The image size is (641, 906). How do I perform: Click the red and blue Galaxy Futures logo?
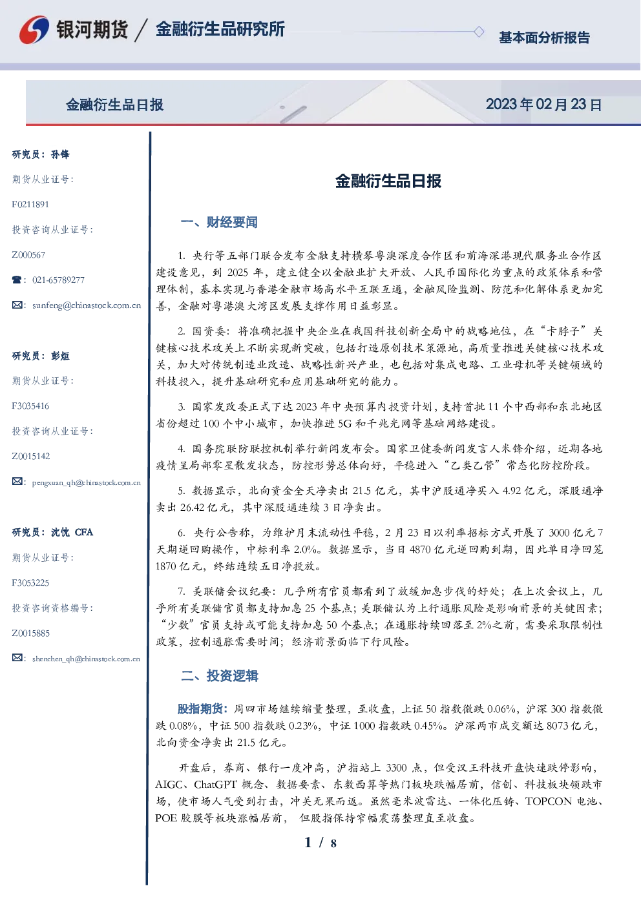tap(34, 30)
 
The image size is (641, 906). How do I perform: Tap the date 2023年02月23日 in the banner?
tap(543, 105)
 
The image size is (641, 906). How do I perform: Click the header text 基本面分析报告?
tap(544, 37)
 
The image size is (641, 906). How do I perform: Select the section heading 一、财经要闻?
tap(219, 222)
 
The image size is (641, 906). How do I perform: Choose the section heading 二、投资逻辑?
tap(219, 675)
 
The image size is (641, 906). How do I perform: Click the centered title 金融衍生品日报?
tap(388, 181)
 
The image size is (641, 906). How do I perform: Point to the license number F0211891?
tap(30, 204)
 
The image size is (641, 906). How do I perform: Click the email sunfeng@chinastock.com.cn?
tap(87, 305)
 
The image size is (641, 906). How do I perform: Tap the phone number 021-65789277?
tap(59, 280)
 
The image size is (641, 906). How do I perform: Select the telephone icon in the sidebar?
tap(17, 280)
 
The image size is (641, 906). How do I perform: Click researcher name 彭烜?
tap(60, 356)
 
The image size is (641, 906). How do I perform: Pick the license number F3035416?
tap(30, 406)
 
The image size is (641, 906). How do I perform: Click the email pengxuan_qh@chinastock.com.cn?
tap(87, 482)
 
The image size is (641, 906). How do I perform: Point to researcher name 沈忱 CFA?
tap(72, 532)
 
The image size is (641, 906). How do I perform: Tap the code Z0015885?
tap(31, 633)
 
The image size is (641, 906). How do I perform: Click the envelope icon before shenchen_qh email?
tap(17, 657)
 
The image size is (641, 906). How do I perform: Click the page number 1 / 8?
tap(320, 843)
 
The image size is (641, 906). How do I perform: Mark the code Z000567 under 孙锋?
tap(28, 255)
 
